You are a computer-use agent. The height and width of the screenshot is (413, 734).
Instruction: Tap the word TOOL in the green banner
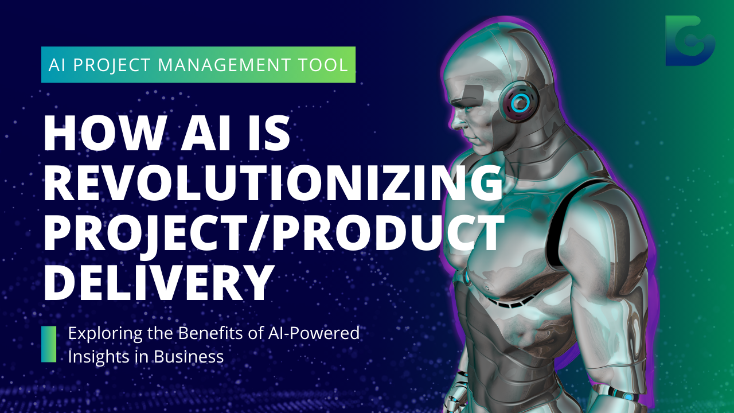[x=328, y=65]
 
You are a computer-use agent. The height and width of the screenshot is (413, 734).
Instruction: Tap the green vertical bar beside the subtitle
[x=49, y=344]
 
